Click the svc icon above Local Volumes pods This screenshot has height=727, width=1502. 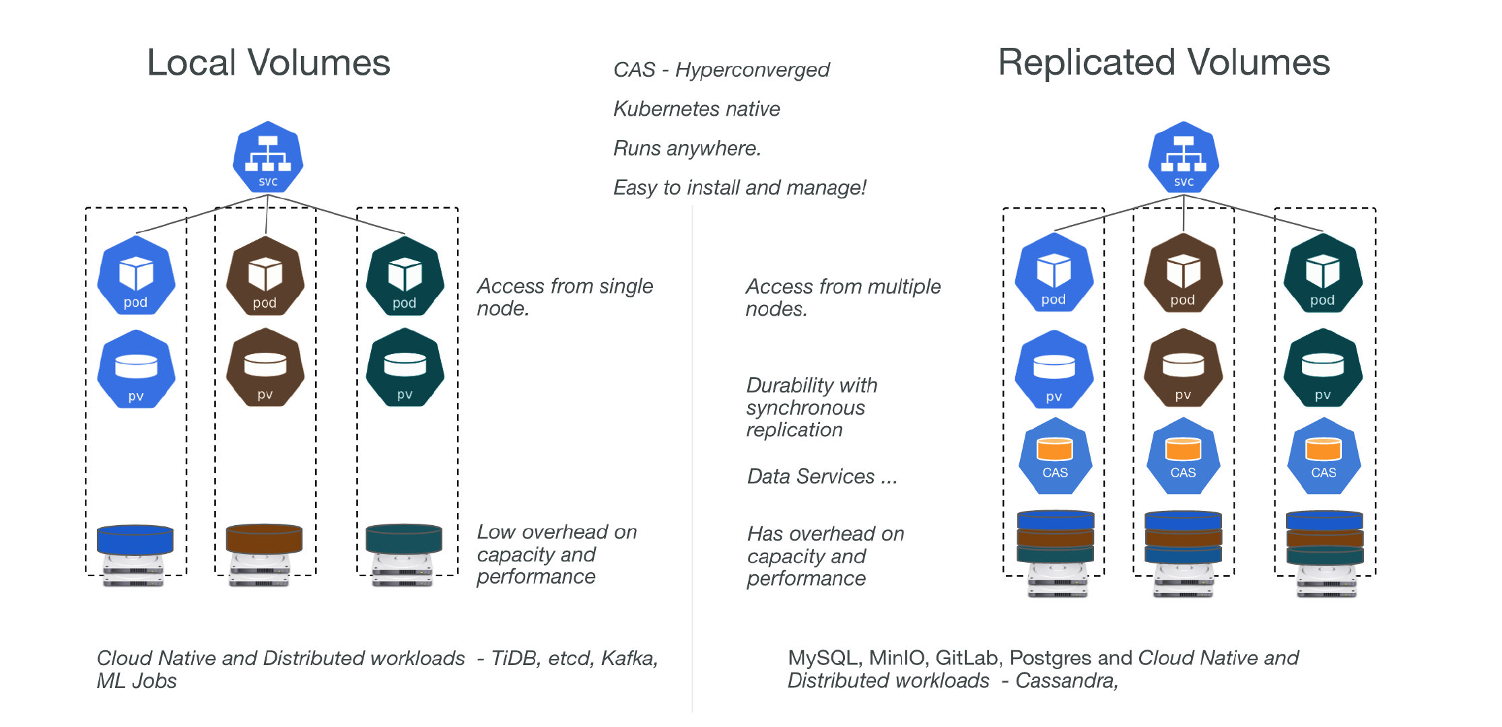[x=268, y=158]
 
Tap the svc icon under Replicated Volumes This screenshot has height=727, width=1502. [x=1184, y=158]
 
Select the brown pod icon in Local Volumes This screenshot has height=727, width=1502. [x=265, y=276]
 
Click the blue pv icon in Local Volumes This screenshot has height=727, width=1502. [x=136, y=369]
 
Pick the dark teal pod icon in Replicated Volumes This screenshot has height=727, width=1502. [x=1323, y=273]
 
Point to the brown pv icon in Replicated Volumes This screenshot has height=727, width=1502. [x=1183, y=368]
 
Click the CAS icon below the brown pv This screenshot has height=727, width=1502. [x=1183, y=456]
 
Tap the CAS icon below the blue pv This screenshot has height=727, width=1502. [x=1055, y=456]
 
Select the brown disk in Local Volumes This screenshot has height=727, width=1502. [x=264, y=539]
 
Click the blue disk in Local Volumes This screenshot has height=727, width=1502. [x=135, y=539]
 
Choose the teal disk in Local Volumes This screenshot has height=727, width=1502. [x=404, y=539]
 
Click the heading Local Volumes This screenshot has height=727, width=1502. [x=269, y=63]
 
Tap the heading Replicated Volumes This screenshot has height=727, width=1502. [x=1163, y=63]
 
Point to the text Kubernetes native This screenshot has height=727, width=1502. [x=696, y=109]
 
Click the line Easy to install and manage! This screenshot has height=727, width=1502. [x=739, y=187]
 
